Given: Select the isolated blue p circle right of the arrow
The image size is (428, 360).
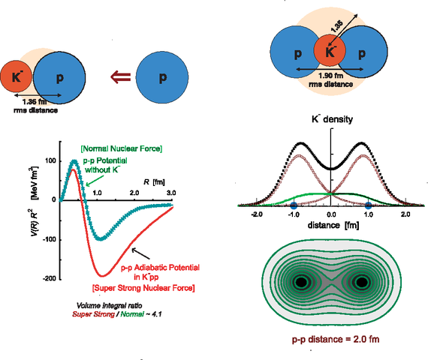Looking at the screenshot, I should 163,76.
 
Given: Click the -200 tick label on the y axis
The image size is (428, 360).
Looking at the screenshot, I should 50,278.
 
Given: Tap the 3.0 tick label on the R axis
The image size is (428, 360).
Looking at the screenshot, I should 171,193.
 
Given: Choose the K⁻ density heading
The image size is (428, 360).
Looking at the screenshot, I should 331,119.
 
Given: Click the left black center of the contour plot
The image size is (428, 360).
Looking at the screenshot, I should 302,283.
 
